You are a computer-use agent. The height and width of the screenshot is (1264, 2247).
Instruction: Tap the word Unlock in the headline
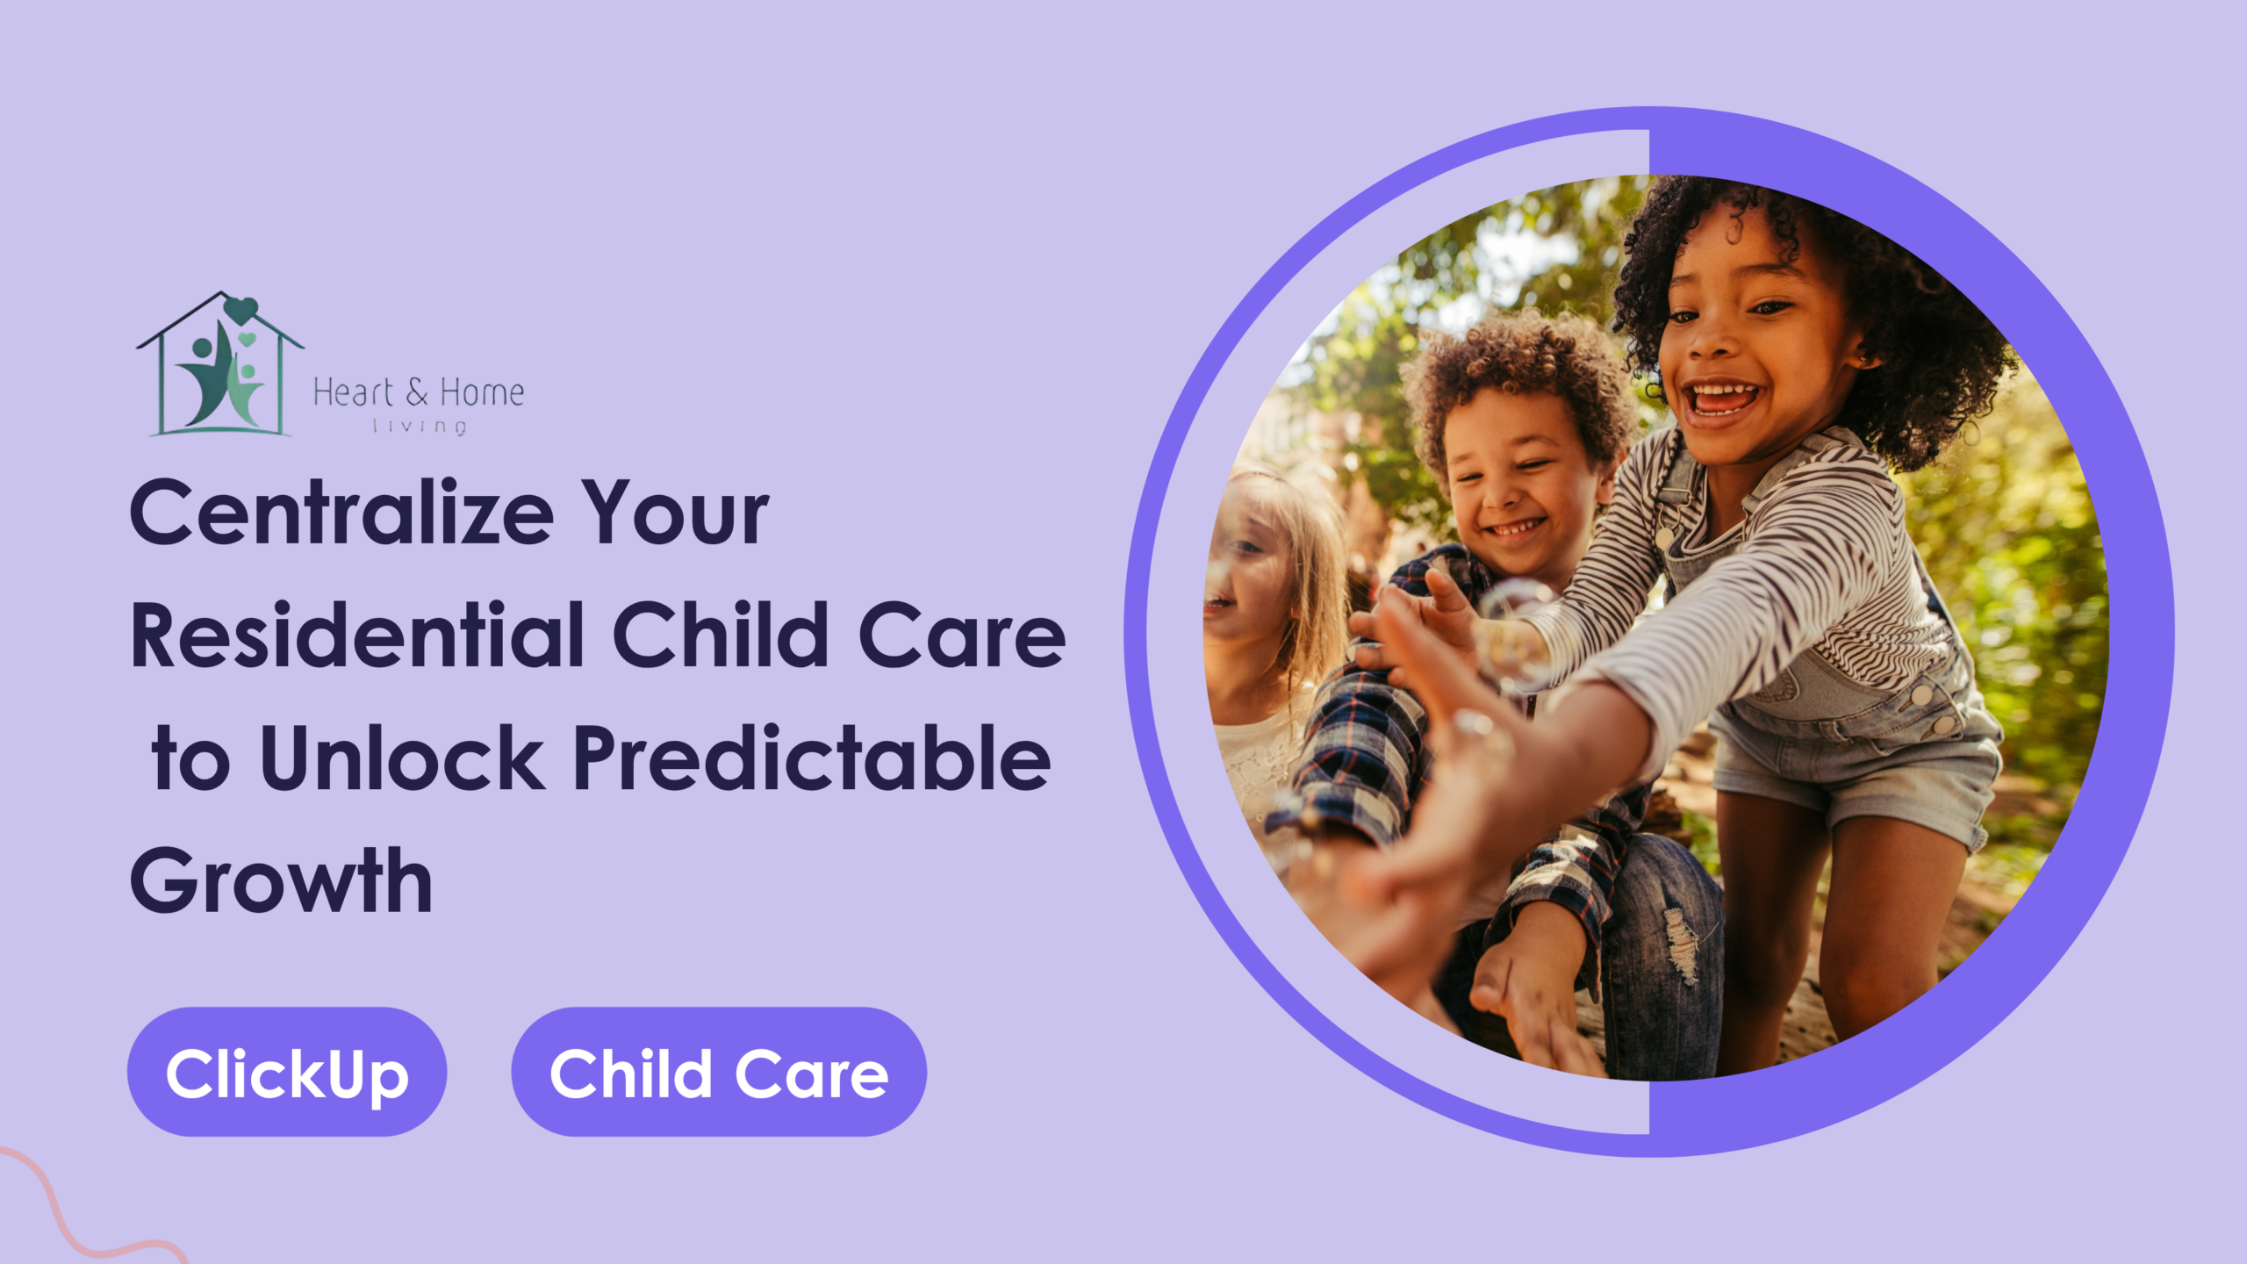pyautogui.click(x=402, y=757)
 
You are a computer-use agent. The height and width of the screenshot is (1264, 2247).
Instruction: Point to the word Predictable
pyautogui.click(x=812, y=757)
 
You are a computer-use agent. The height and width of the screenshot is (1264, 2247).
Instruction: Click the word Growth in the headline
pyautogui.click(x=282, y=880)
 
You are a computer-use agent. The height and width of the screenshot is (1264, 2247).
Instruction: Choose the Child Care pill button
pyautogui.click(x=719, y=1072)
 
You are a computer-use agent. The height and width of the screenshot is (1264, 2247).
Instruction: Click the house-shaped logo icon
pyautogui.click(x=219, y=363)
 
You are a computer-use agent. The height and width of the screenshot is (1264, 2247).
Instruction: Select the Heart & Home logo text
pyautogui.click(x=419, y=392)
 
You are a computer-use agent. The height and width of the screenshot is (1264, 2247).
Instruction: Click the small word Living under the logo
pyautogui.click(x=420, y=427)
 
